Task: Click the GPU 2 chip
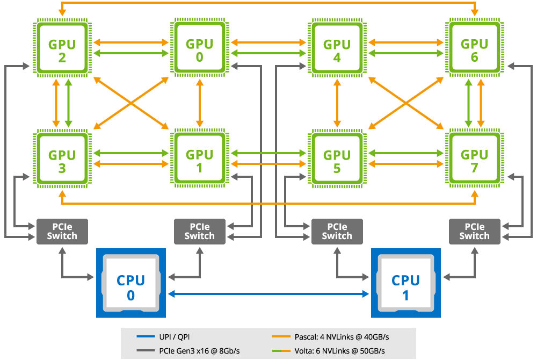(62, 48)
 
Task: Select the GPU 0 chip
(200, 48)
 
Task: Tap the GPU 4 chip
(337, 48)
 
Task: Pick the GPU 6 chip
(474, 48)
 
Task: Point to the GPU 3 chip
(62, 159)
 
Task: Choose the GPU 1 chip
(200, 159)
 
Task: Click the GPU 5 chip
(337, 159)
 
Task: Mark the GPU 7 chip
(474, 159)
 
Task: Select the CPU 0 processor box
(131, 283)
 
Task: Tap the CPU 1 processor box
(406, 283)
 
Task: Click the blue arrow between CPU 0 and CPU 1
(268, 294)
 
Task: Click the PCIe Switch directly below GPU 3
(62, 232)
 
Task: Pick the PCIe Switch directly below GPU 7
(474, 232)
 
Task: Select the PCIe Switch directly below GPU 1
(200, 232)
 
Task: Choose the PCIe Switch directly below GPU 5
(337, 232)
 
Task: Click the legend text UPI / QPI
(175, 337)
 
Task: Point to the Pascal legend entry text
(342, 337)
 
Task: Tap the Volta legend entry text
(340, 351)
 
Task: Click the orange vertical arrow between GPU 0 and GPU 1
(200, 103)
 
